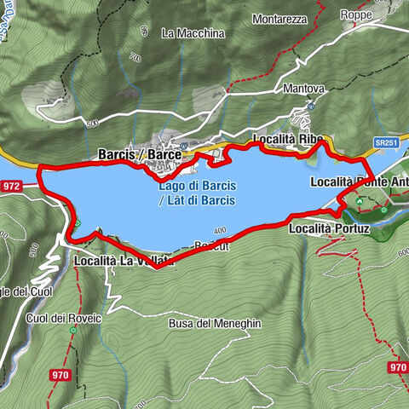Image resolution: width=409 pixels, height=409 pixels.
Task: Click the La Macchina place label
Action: coord(193,33)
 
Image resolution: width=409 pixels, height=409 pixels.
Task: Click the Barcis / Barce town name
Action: coord(140,154)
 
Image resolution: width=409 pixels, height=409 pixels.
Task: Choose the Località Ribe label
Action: coord(286,139)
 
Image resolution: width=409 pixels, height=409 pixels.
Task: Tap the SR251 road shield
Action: coord(386,143)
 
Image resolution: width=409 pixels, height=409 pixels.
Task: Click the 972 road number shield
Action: coord(12,185)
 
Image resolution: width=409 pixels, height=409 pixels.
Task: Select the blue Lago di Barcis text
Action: coord(197,186)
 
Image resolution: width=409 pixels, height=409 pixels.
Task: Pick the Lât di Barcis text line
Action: coord(197,201)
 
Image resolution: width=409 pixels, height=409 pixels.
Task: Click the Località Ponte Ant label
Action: coord(359,181)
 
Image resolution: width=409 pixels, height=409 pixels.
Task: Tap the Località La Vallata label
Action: coord(124,261)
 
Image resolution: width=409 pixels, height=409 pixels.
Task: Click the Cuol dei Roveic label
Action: coord(63,318)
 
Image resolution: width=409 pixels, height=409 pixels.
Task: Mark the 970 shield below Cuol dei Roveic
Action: coord(60,374)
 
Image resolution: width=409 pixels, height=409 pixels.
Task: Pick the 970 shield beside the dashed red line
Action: coord(397,367)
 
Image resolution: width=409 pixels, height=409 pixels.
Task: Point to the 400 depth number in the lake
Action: coord(220,231)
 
